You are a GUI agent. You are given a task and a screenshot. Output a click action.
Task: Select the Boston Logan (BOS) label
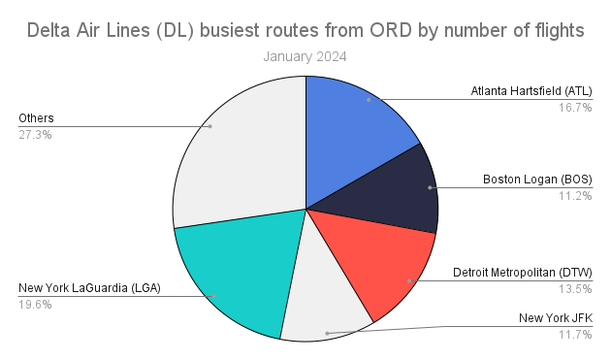[x=537, y=180]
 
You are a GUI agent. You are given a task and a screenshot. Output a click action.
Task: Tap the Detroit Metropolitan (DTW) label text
[x=523, y=272]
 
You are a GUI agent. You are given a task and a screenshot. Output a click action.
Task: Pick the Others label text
[x=36, y=118]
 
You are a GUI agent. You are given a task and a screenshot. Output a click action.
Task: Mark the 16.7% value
[x=575, y=108]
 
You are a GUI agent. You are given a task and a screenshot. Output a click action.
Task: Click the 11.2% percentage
[x=575, y=196]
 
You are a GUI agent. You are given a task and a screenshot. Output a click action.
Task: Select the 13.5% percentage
[x=575, y=288]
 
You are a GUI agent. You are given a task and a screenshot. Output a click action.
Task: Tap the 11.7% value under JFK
[x=575, y=334]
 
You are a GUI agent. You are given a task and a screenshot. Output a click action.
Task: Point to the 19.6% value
[x=35, y=305]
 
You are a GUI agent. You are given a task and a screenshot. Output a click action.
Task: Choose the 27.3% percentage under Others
[x=35, y=135]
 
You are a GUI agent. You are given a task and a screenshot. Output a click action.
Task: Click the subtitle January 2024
[x=305, y=56]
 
